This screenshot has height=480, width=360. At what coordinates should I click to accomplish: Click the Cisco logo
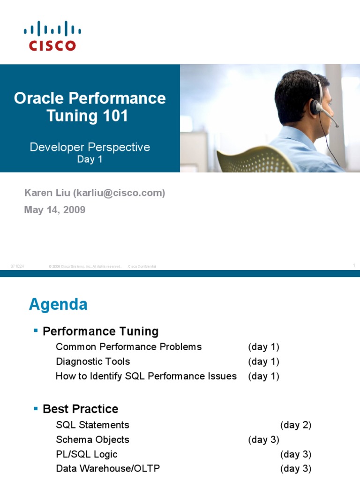[x=52, y=36]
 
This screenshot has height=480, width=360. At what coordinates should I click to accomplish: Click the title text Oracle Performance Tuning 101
[x=90, y=107]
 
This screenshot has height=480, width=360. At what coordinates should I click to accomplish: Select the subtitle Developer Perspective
[x=90, y=147]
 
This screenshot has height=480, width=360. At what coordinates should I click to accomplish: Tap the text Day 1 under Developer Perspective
[x=90, y=159]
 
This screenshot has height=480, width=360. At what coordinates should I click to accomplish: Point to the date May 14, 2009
[x=54, y=210]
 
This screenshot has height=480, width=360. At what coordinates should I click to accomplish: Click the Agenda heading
[x=58, y=305]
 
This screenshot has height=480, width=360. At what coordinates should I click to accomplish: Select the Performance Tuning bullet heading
[x=100, y=332]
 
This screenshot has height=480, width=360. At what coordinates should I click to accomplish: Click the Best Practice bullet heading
[x=80, y=409]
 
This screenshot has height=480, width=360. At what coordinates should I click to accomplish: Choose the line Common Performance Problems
[x=128, y=347]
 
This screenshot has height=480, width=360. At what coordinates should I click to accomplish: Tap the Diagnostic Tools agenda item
[x=93, y=361]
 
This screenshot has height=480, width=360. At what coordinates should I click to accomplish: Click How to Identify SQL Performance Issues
[x=146, y=376]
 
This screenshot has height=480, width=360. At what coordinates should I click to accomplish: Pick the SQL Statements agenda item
[x=92, y=425]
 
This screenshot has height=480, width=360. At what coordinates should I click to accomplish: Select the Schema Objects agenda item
[x=92, y=440]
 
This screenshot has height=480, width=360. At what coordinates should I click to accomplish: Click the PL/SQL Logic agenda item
[x=86, y=454]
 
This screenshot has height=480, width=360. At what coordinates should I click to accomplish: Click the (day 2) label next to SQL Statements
[x=296, y=425]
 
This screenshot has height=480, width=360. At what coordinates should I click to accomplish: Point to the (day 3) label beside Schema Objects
[x=263, y=440]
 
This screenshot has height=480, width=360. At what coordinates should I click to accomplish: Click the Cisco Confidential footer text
[x=142, y=266]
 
